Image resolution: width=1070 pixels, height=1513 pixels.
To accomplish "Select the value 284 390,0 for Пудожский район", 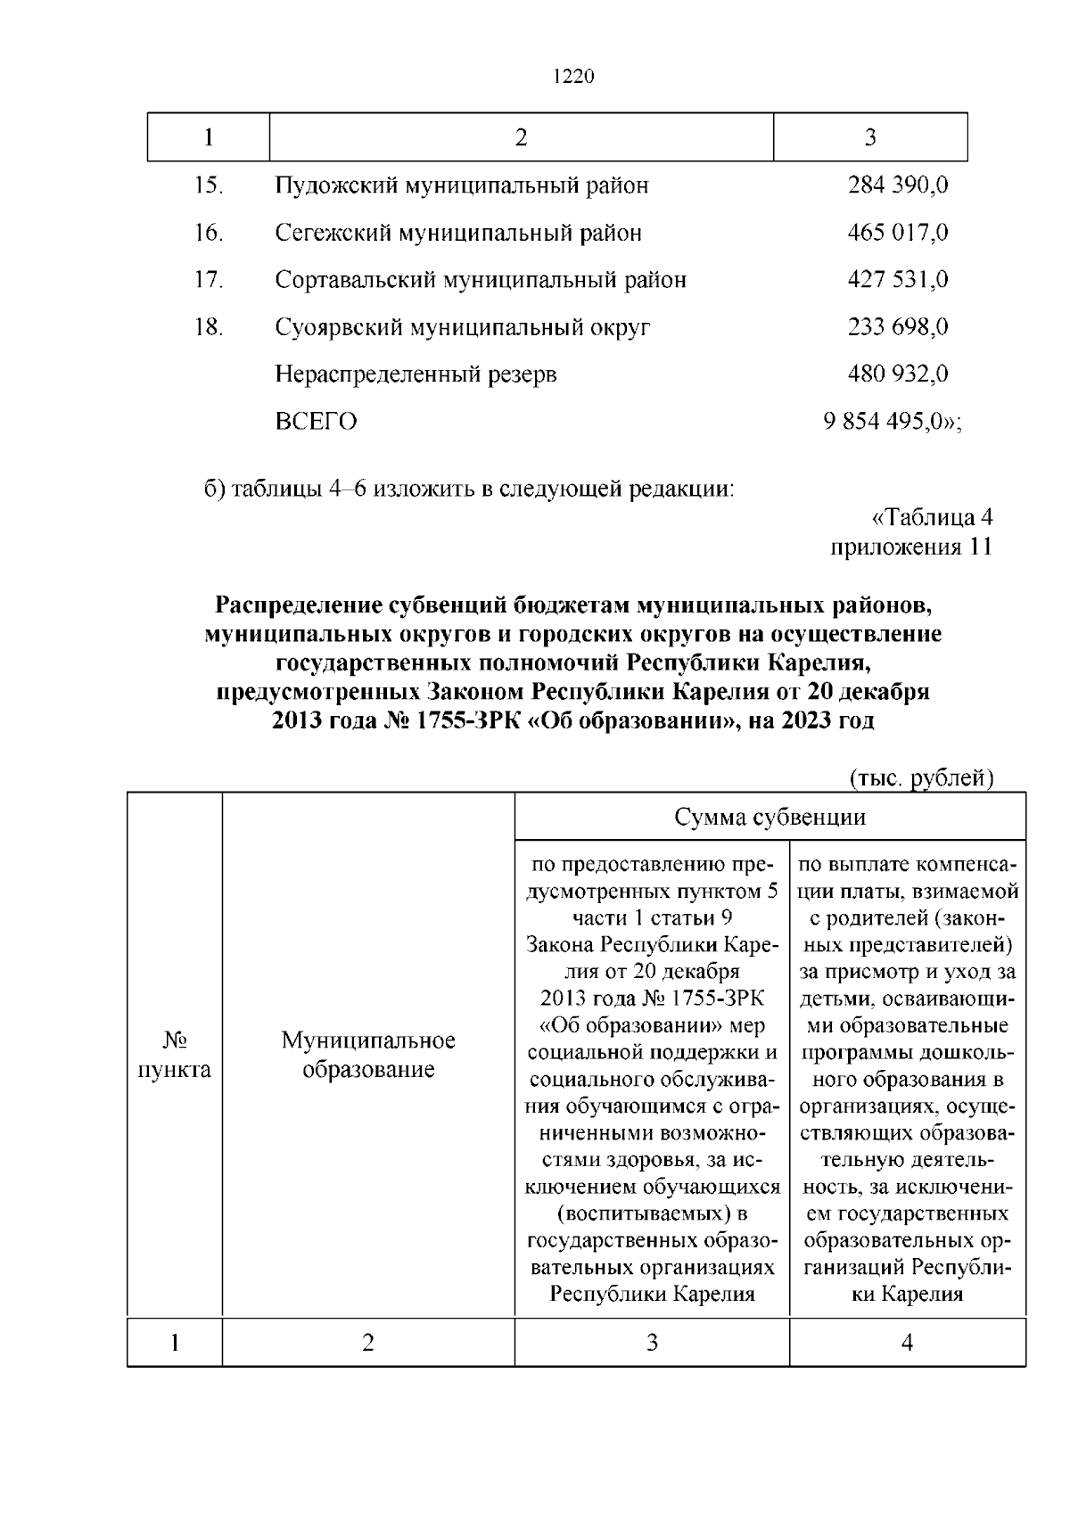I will click(897, 185).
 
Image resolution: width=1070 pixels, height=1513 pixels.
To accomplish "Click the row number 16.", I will click(208, 233).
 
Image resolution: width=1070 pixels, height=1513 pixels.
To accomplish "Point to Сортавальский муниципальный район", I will click(481, 280).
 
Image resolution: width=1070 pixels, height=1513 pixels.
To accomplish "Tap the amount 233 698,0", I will click(897, 327).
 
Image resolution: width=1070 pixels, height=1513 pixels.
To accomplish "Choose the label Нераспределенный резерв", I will click(416, 374).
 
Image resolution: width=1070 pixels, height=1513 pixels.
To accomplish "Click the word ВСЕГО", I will click(316, 422).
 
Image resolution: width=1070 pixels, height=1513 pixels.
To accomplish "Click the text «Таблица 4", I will click(930, 518).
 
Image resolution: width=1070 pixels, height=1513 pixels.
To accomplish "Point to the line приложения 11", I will click(911, 547).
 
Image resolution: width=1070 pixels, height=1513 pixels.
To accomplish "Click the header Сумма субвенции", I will click(770, 818).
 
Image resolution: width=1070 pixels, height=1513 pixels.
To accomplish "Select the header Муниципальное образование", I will click(368, 1055).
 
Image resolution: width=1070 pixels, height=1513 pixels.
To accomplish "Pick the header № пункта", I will click(175, 1055).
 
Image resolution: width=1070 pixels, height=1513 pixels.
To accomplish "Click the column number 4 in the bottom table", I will click(907, 1343).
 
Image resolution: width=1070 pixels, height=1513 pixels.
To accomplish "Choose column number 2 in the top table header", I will click(521, 137).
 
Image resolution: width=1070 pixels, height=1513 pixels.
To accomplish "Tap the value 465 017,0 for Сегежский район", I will click(897, 233).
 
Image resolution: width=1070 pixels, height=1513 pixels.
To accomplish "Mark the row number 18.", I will click(208, 327).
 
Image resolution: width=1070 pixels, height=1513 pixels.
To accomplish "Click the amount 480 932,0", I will click(897, 374).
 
